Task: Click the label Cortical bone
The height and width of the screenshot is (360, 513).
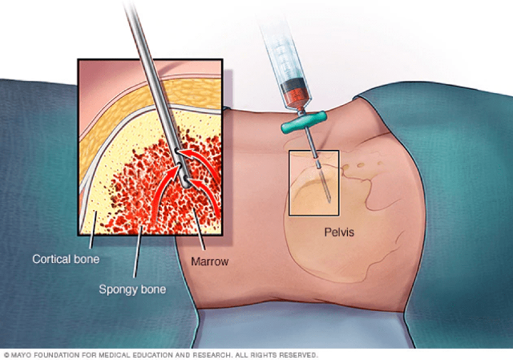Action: coord(66,259)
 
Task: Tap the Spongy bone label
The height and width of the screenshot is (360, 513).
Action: coord(132,289)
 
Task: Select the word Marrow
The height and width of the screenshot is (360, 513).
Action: coord(210,261)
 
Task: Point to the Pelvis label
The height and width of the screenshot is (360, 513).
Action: coord(339,233)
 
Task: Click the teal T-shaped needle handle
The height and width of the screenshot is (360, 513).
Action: coord(304,122)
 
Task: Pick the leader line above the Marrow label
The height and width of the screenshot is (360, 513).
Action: coord(199,229)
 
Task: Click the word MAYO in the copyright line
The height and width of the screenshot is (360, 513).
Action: coord(22,355)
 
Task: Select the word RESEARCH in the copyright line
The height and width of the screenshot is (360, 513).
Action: coord(212,355)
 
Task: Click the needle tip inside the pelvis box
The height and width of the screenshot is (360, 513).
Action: coord(329,200)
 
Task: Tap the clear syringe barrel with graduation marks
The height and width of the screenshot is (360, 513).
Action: coord(282,51)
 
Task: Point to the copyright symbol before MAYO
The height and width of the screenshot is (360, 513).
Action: coord(7,355)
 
